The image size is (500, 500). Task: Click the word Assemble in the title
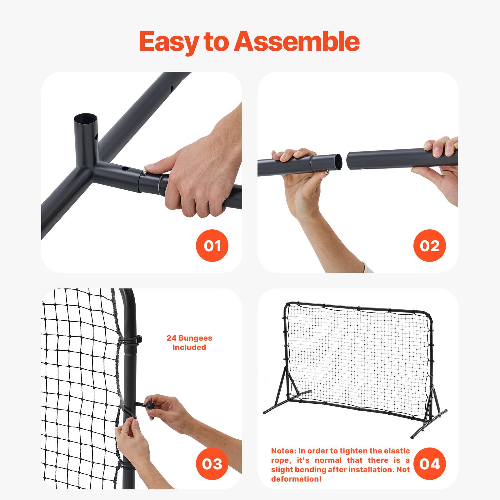(297, 42)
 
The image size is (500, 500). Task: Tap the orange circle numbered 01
(212, 246)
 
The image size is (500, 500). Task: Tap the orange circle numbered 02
(429, 246)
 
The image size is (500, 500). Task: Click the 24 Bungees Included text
(189, 342)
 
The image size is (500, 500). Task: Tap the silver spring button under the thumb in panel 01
(145, 170)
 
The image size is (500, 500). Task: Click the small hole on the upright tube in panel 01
(97, 137)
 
